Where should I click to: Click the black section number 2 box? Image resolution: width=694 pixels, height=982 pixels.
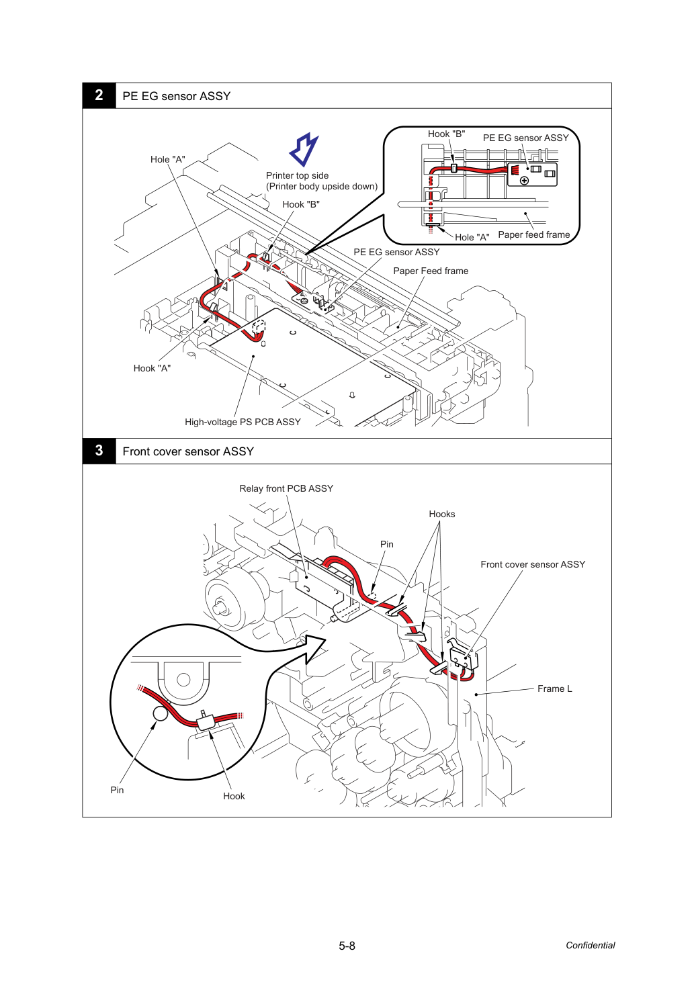coord(99,95)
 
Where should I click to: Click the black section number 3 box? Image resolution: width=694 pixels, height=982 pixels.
coord(99,451)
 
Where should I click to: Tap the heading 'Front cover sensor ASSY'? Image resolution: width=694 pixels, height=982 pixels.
coord(188,451)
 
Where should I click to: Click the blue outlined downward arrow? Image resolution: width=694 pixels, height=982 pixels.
coord(304,149)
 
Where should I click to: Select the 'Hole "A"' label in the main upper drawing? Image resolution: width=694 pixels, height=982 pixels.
coord(167,160)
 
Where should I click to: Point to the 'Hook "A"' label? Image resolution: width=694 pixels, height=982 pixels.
coord(152,368)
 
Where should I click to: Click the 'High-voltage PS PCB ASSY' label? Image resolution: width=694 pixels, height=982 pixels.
coord(243,422)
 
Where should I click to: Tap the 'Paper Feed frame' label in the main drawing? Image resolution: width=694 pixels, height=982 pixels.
coord(431,271)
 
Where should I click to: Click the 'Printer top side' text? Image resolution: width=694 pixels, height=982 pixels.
coord(297,175)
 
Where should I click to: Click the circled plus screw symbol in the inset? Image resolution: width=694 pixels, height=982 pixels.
coord(524,181)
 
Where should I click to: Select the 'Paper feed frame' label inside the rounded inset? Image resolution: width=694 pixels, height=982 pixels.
coord(534,234)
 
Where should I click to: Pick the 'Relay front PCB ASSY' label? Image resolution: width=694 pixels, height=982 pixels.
coord(286,488)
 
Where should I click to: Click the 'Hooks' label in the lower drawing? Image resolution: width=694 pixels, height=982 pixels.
coord(442,514)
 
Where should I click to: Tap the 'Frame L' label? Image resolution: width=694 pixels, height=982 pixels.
coord(554,688)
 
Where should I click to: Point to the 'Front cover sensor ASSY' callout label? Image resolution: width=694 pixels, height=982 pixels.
coord(533,564)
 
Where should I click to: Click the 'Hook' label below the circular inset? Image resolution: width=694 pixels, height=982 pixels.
coord(234,796)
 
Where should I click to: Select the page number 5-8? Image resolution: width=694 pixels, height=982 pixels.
coord(347,946)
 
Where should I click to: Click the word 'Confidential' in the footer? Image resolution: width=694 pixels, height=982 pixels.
coord(590,945)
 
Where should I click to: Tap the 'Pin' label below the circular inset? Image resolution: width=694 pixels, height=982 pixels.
coord(117,790)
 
